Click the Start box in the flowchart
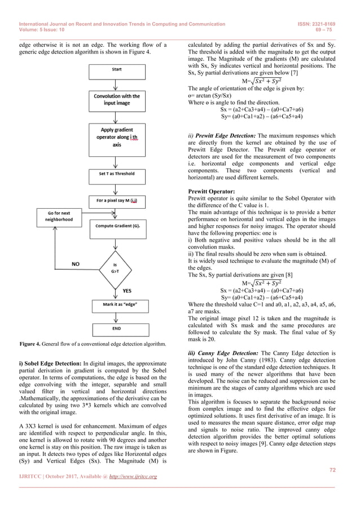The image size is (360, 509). tap(115, 70)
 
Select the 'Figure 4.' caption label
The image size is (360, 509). tap(32, 344)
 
